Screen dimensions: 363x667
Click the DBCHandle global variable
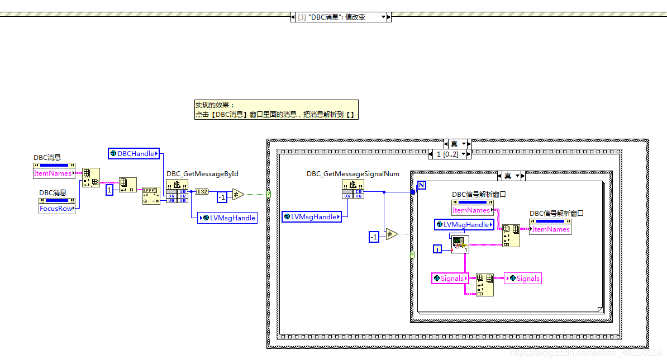(x=134, y=153)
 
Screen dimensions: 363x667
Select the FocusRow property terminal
(x=56, y=208)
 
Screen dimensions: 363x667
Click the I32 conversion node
(x=202, y=191)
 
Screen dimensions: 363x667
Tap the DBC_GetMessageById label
(x=202, y=174)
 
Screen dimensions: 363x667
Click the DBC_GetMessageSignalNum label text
(x=353, y=174)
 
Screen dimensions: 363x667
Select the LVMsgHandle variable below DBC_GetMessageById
(x=228, y=218)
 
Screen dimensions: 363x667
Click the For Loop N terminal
(x=422, y=185)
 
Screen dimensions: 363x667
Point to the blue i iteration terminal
(x=439, y=248)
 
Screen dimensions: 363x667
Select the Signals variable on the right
(x=523, y=278)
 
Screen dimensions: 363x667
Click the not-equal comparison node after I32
(x=238, y=195)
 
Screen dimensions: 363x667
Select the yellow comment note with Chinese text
(x=276, y=110)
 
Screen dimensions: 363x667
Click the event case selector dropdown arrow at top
(x=384, y=17)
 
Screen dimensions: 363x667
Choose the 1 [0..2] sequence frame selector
(x=449, y=154)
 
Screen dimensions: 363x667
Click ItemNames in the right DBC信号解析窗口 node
(x=550, y=229)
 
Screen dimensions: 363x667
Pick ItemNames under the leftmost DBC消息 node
(x=53, y=173)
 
